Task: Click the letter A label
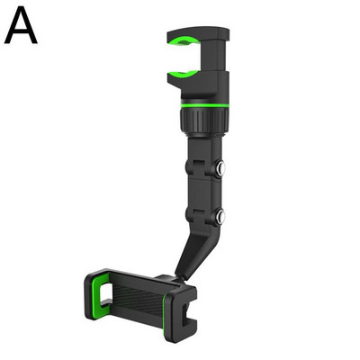click(x=21, y=25)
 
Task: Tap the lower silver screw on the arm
click(x=221, y=215)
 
